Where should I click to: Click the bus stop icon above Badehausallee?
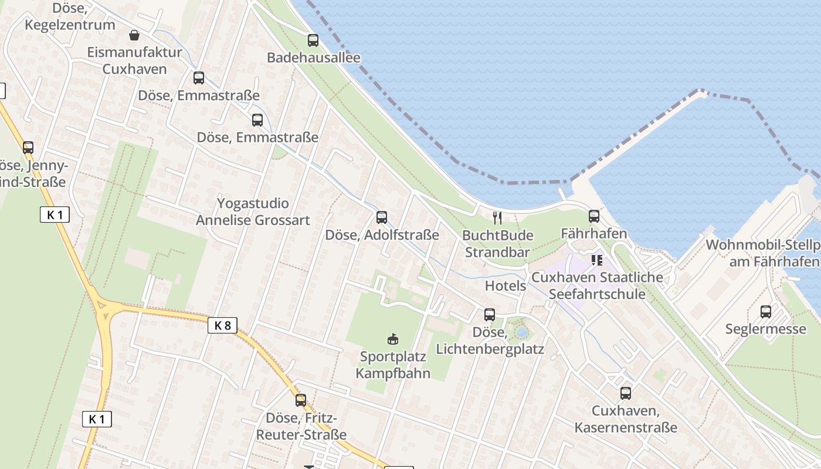pos(313,40)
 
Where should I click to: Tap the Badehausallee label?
pos(313,57)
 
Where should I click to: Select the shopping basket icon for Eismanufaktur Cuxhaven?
pos(134,35)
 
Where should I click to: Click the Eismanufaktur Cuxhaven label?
pos(134,60)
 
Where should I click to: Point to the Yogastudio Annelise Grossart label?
pos(253,212)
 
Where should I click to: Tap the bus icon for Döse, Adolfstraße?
pos(382,217)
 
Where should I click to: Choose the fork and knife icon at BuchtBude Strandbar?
pos(497,218)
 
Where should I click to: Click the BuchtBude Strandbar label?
pos(497,244)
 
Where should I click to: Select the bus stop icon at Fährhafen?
pos(594,216)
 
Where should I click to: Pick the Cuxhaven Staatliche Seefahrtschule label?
pos(597,286)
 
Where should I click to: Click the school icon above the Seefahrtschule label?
pos(597,260)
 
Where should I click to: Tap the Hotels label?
pos(506,286)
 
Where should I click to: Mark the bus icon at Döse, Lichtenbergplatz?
pos(490,315)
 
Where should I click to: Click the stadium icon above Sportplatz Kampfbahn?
pos(393,339)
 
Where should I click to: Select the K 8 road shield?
pos(222,325)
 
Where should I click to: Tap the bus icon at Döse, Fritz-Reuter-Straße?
pos(301,400)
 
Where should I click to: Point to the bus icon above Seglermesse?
pos(766,312)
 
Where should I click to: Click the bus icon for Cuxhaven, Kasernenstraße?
pos(626,393)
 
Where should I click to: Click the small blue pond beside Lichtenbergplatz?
pos(521,333)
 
